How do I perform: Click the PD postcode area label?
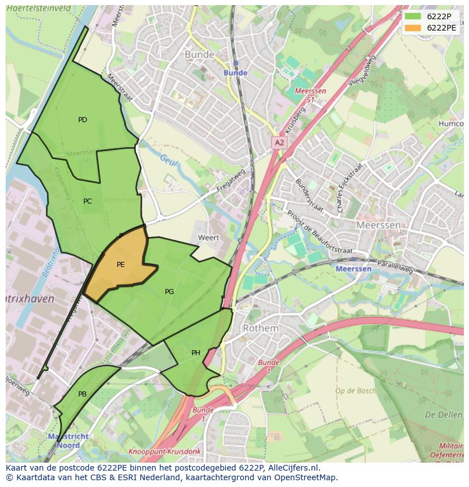(83, 120)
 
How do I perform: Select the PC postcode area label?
(87, 201)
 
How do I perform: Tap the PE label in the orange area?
(121, 265)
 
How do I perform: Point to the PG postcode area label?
(169, 292)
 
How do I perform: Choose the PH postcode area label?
(196, 353)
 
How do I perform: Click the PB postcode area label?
(83, 394)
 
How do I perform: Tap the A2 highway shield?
(279, 143)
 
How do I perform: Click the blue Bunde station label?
(236, 73)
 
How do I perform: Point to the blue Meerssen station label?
(354, 269)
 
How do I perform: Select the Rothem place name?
(261, 328)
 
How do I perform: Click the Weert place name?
(208, 238)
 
